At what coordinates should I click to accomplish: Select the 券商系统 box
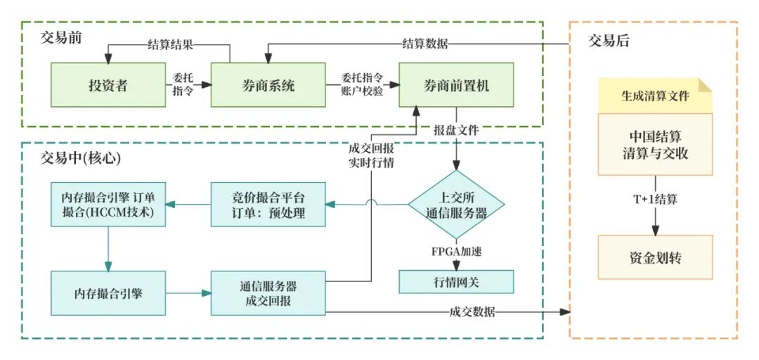point(268,85)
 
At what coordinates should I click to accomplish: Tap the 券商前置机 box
point(456,85)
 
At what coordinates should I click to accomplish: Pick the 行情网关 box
point(456,282)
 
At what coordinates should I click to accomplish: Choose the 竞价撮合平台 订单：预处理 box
point(268,205)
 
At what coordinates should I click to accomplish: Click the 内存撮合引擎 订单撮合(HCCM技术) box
point(108,205)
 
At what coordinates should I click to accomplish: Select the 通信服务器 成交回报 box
point(268,293)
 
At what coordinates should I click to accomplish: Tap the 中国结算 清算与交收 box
point(655,144)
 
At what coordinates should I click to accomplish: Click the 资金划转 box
point(655,258)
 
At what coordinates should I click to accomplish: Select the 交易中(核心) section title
point(81,159)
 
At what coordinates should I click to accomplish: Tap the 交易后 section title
point(609,41)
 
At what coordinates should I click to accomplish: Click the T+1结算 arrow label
point(655,199)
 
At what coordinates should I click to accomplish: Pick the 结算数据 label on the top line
point(424,44)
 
